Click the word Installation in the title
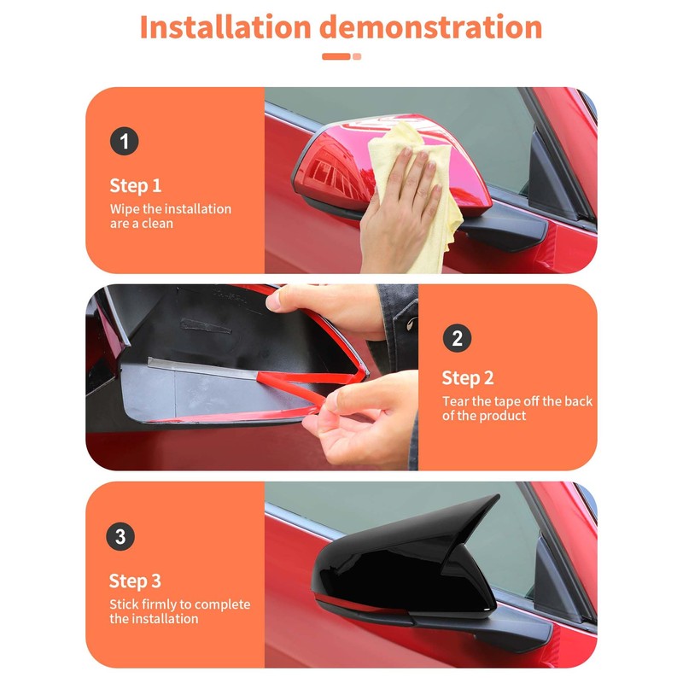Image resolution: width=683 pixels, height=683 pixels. click(x=225, y=27)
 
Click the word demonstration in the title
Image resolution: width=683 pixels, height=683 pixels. click(x=431, y=27)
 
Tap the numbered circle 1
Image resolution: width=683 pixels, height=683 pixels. click(x=124, y=141)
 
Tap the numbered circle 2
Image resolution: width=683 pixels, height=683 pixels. click(x=457, y=338)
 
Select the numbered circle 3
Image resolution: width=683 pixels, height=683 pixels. click(x=120, y=536)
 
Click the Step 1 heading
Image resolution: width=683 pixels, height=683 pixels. click(x=136, y=185)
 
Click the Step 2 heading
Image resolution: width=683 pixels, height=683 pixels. click(x=468, y=378)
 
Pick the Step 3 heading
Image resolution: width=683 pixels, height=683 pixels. click(x=135, y=581)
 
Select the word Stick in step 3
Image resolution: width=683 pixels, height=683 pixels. click(x=124, y=604)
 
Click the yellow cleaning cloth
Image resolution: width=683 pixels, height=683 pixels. click(x=417, y=196)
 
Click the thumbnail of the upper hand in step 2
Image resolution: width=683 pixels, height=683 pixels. click(x=272, y=301)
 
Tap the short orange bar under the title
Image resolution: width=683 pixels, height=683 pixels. click(x=336, y=56)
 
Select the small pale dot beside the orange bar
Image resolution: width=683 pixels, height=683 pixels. click(x=357, y=56)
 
